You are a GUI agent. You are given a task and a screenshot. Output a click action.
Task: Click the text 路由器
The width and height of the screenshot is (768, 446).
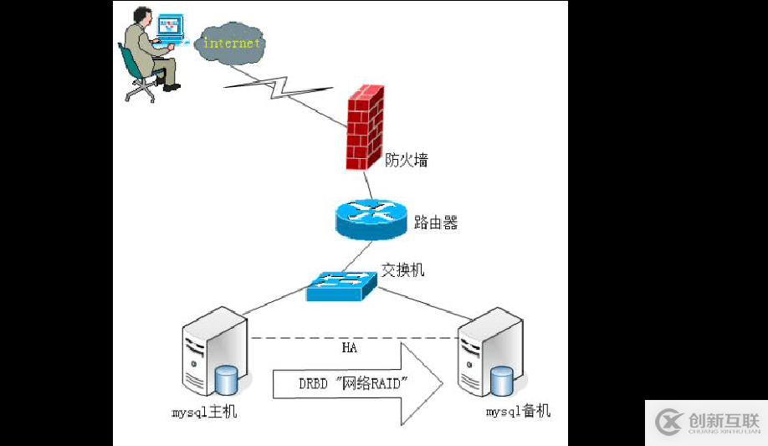[x=436, y=223]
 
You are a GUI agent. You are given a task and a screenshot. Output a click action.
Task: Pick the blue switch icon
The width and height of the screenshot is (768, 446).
[x=340, y=286]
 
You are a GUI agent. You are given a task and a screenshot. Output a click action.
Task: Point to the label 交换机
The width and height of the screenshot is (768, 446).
[x=403, y=269]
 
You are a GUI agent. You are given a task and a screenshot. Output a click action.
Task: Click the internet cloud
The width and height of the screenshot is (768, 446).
[x=232, y=44]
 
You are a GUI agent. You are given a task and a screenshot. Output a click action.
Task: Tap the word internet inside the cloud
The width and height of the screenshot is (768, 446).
[x=232, y=43]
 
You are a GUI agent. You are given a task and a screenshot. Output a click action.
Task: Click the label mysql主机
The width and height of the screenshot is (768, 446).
[x=205, y=413]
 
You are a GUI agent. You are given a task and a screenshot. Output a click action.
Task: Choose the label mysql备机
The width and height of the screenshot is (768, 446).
[x=519, y=412]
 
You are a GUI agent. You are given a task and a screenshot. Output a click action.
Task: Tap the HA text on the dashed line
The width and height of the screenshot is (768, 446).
[x=350, y=346]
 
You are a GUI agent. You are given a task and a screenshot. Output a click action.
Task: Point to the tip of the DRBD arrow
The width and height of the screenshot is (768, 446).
[x=442, y=383]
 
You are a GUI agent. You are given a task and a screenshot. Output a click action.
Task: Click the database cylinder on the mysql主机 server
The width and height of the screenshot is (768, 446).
[x=227, y=381]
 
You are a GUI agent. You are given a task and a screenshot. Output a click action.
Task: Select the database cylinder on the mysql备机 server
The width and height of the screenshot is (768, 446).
[x=502, y=382]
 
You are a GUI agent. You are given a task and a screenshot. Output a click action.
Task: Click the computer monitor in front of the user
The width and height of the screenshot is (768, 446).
[x=170, y=26]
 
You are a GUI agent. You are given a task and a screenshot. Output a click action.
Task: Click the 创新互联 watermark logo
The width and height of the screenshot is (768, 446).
[x=705, y=422]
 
